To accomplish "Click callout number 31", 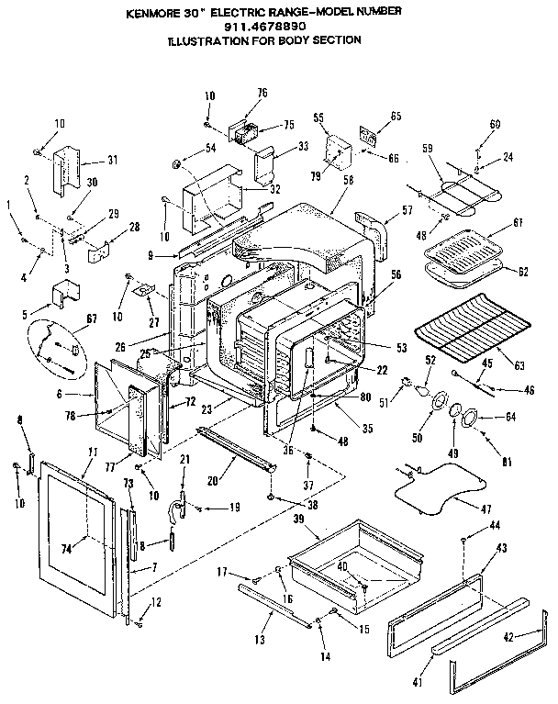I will [x=113, y=160].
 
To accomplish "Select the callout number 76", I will [x=262, y=93].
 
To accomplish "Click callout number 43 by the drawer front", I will [x=500, y=548].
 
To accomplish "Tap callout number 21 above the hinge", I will [x=184, y=459].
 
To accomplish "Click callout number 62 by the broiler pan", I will [x=523, y=272].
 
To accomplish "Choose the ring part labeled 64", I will [x=471, y=417].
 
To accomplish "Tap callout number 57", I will [x=407, y=210].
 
